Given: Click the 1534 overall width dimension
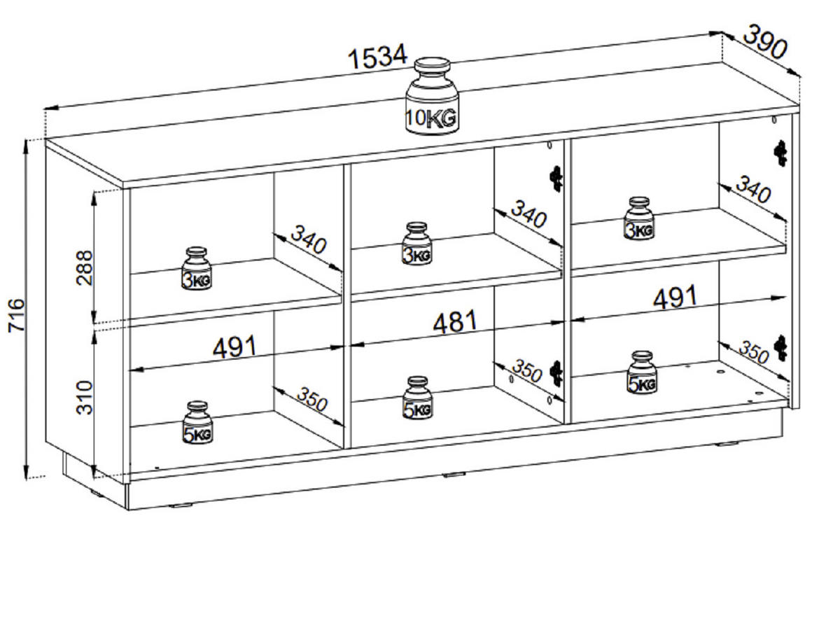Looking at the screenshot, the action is coord(377,57).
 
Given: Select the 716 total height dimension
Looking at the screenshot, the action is coord(16,315).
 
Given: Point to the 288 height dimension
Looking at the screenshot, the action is coord(84,267).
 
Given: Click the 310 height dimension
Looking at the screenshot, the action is coord(84,398).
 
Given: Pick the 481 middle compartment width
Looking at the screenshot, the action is coord(454,322).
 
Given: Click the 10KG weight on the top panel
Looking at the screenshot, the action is coord(432,96).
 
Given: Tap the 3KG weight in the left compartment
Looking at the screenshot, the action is coord(196,269).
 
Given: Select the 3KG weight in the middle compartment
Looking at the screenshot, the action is coord(416,244).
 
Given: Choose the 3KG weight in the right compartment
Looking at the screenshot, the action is coord(638,218).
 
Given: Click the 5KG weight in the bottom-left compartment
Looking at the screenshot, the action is coord(197,422).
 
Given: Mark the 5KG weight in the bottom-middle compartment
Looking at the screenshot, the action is coord(417,398).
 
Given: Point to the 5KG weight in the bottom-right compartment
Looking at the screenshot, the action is coord(642,372).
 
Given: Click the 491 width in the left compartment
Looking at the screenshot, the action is coord(234,347).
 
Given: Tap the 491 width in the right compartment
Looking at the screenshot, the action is coord(675,297).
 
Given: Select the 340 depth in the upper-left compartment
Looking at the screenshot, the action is coord(308,239).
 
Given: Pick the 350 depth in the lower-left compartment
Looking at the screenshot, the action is coord(311,399).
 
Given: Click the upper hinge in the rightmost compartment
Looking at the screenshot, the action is coord(780,153).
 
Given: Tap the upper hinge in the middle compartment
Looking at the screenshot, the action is coord(556,179).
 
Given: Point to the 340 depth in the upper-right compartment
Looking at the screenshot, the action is coord(753,189).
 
